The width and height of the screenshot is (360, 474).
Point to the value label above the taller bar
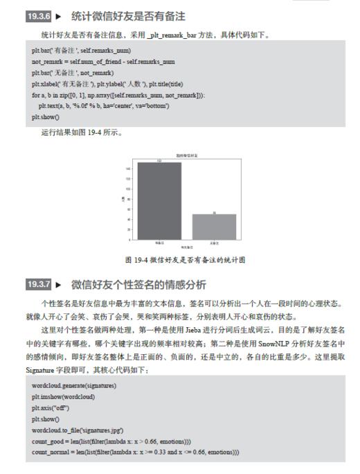point(159,161)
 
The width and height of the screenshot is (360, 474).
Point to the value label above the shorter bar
point(214,213)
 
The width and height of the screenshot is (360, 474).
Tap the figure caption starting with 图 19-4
point(185,260)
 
